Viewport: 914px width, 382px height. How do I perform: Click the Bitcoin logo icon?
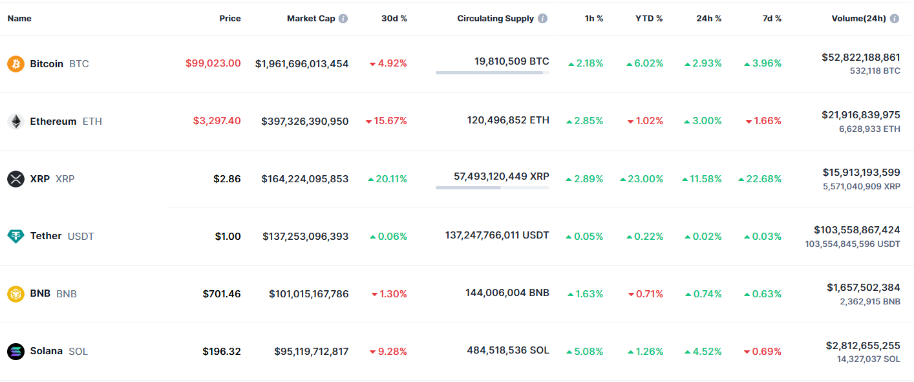(x=16, y=64)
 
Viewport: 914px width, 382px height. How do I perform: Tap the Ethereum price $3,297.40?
(x=217, y=121)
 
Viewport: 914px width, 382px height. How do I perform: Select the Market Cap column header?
(x=311, y=19)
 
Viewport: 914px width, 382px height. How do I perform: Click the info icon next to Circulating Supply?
(x=543, y=19)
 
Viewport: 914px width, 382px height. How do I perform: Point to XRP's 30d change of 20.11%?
(x=387, y=179)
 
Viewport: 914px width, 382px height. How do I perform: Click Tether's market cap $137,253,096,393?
(x=305, y=237)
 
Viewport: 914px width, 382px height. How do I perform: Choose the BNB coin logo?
(x=16, y=294)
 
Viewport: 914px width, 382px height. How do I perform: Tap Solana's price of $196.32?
(x=221, y=352)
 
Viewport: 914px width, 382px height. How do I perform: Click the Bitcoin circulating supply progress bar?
(x=492, y=73)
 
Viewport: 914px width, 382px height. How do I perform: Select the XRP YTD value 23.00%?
(x=641, y=179)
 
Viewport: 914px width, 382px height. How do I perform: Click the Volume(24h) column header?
(x=858, y=19)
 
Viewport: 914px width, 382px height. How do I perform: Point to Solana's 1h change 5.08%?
(x=585, y=352)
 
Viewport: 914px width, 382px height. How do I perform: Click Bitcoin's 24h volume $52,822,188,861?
(x=860, y=58)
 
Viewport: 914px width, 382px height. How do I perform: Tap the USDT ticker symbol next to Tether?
(x=81, y=237)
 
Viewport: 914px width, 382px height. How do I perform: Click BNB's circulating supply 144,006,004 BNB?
(x=507, y=293)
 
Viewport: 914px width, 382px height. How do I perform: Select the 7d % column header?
(x=772, y=19)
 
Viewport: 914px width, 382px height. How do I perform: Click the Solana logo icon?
(x=16, y=352)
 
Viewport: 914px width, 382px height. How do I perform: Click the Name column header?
(x=19, y=19)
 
